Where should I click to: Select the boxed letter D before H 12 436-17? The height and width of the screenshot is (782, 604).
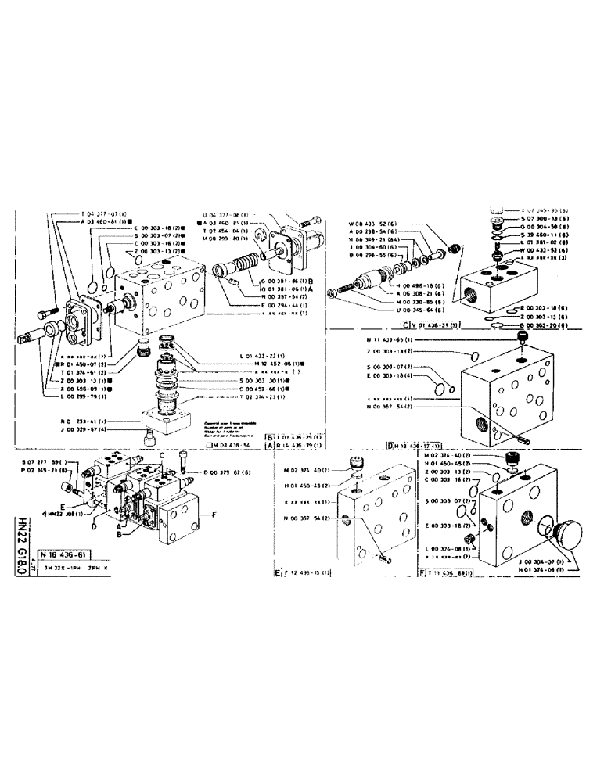tap(389, 445)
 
